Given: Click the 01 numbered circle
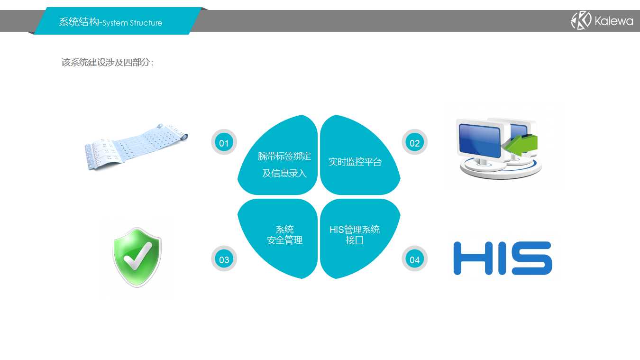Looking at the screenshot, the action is pos(224,142).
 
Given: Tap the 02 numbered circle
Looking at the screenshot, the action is pos(414,142).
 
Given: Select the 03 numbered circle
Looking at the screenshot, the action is pos(224,259).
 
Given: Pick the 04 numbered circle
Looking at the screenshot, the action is pos(414,259).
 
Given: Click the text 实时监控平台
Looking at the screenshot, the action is pos(355,162).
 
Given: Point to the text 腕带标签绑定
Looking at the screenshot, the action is pos(284,156).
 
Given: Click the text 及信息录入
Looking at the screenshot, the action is pos(284,173).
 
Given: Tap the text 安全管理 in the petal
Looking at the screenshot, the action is pos(284,240).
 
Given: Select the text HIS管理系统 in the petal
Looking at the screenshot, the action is pos(355,229).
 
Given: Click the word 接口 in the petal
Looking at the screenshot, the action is pos(355,240).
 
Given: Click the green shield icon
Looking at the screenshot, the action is pos(137,258).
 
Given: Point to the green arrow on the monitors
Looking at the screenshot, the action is pos(520,145).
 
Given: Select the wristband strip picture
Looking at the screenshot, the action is pos(136,147).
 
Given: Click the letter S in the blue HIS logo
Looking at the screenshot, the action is pos(531,258).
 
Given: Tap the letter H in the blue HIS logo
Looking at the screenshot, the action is pos(473,258).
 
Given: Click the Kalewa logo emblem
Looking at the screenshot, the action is pos(581,20).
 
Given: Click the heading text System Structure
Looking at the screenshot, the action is pos(132,23).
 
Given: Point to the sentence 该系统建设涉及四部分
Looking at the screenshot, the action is pos(108,62).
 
